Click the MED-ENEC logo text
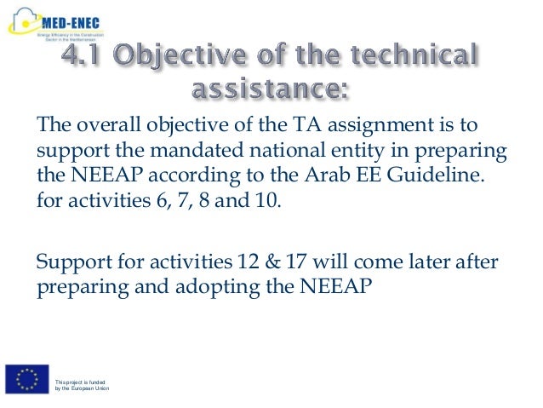click(x=82, y=15)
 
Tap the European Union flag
click(x=26, y=380)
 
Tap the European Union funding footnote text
click(x=82, y=385)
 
